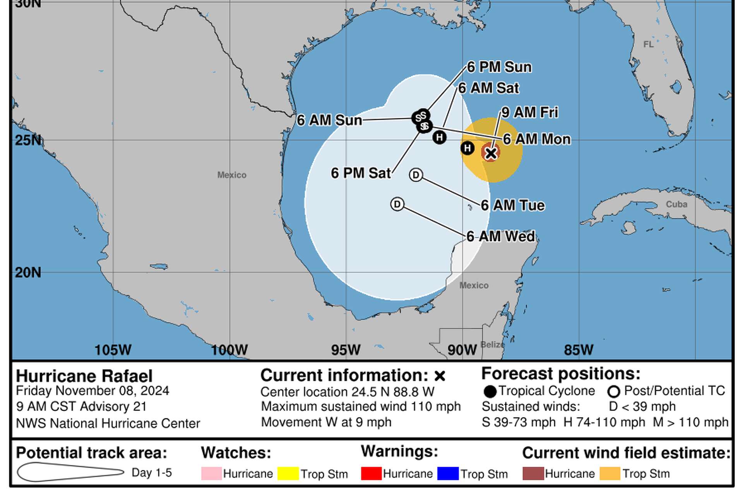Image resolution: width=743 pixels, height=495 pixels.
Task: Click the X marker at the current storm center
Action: pos(491,153)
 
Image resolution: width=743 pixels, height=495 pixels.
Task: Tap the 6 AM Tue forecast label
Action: pos(513,205)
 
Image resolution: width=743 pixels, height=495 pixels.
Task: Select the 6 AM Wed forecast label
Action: pos(501,236)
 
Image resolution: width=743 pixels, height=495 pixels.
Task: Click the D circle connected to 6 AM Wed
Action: pos(397,204)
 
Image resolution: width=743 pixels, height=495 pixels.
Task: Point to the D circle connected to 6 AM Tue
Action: pos(416,175)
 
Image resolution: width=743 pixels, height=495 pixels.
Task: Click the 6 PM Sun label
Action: pos(499,67)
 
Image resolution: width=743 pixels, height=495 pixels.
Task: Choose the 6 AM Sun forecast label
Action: pos(329,120)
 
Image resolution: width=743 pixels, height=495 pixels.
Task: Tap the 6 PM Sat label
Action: pos(361,173)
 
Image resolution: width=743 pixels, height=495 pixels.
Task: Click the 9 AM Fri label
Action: pos(529,113)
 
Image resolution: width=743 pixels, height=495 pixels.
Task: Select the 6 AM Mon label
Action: pos(537,139)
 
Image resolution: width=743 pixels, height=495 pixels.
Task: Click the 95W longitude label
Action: pos(345,350)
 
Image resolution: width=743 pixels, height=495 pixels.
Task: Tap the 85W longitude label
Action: pos(578,350)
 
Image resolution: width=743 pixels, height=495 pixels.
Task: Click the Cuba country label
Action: pos(676,204)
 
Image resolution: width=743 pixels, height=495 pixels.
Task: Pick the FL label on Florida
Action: pos(648,44)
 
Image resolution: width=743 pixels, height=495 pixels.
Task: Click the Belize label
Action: pos(492,345)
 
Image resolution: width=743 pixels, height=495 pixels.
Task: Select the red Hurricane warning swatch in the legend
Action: pos(371,474)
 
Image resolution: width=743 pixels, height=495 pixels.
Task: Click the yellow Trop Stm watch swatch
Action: pos(288,474)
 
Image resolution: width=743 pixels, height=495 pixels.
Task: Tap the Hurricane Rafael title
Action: pos(84,376)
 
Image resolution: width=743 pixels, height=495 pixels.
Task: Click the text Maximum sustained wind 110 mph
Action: pos(361,406)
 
